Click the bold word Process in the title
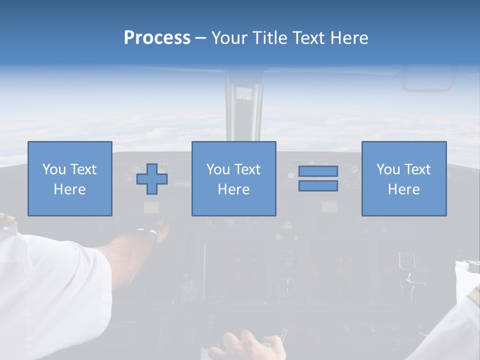tap(157, 38)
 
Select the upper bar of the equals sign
tap(318, 171)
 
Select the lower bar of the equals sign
tap(318, 185)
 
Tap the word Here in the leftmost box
tap(69, 189)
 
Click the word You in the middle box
tap(218, 169)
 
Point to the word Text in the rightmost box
tap(418, 169)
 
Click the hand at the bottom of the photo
tap(245, 345)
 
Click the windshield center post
tap(243, 110)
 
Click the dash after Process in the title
tap(200, 38)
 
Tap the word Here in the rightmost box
tap(403, 189)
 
